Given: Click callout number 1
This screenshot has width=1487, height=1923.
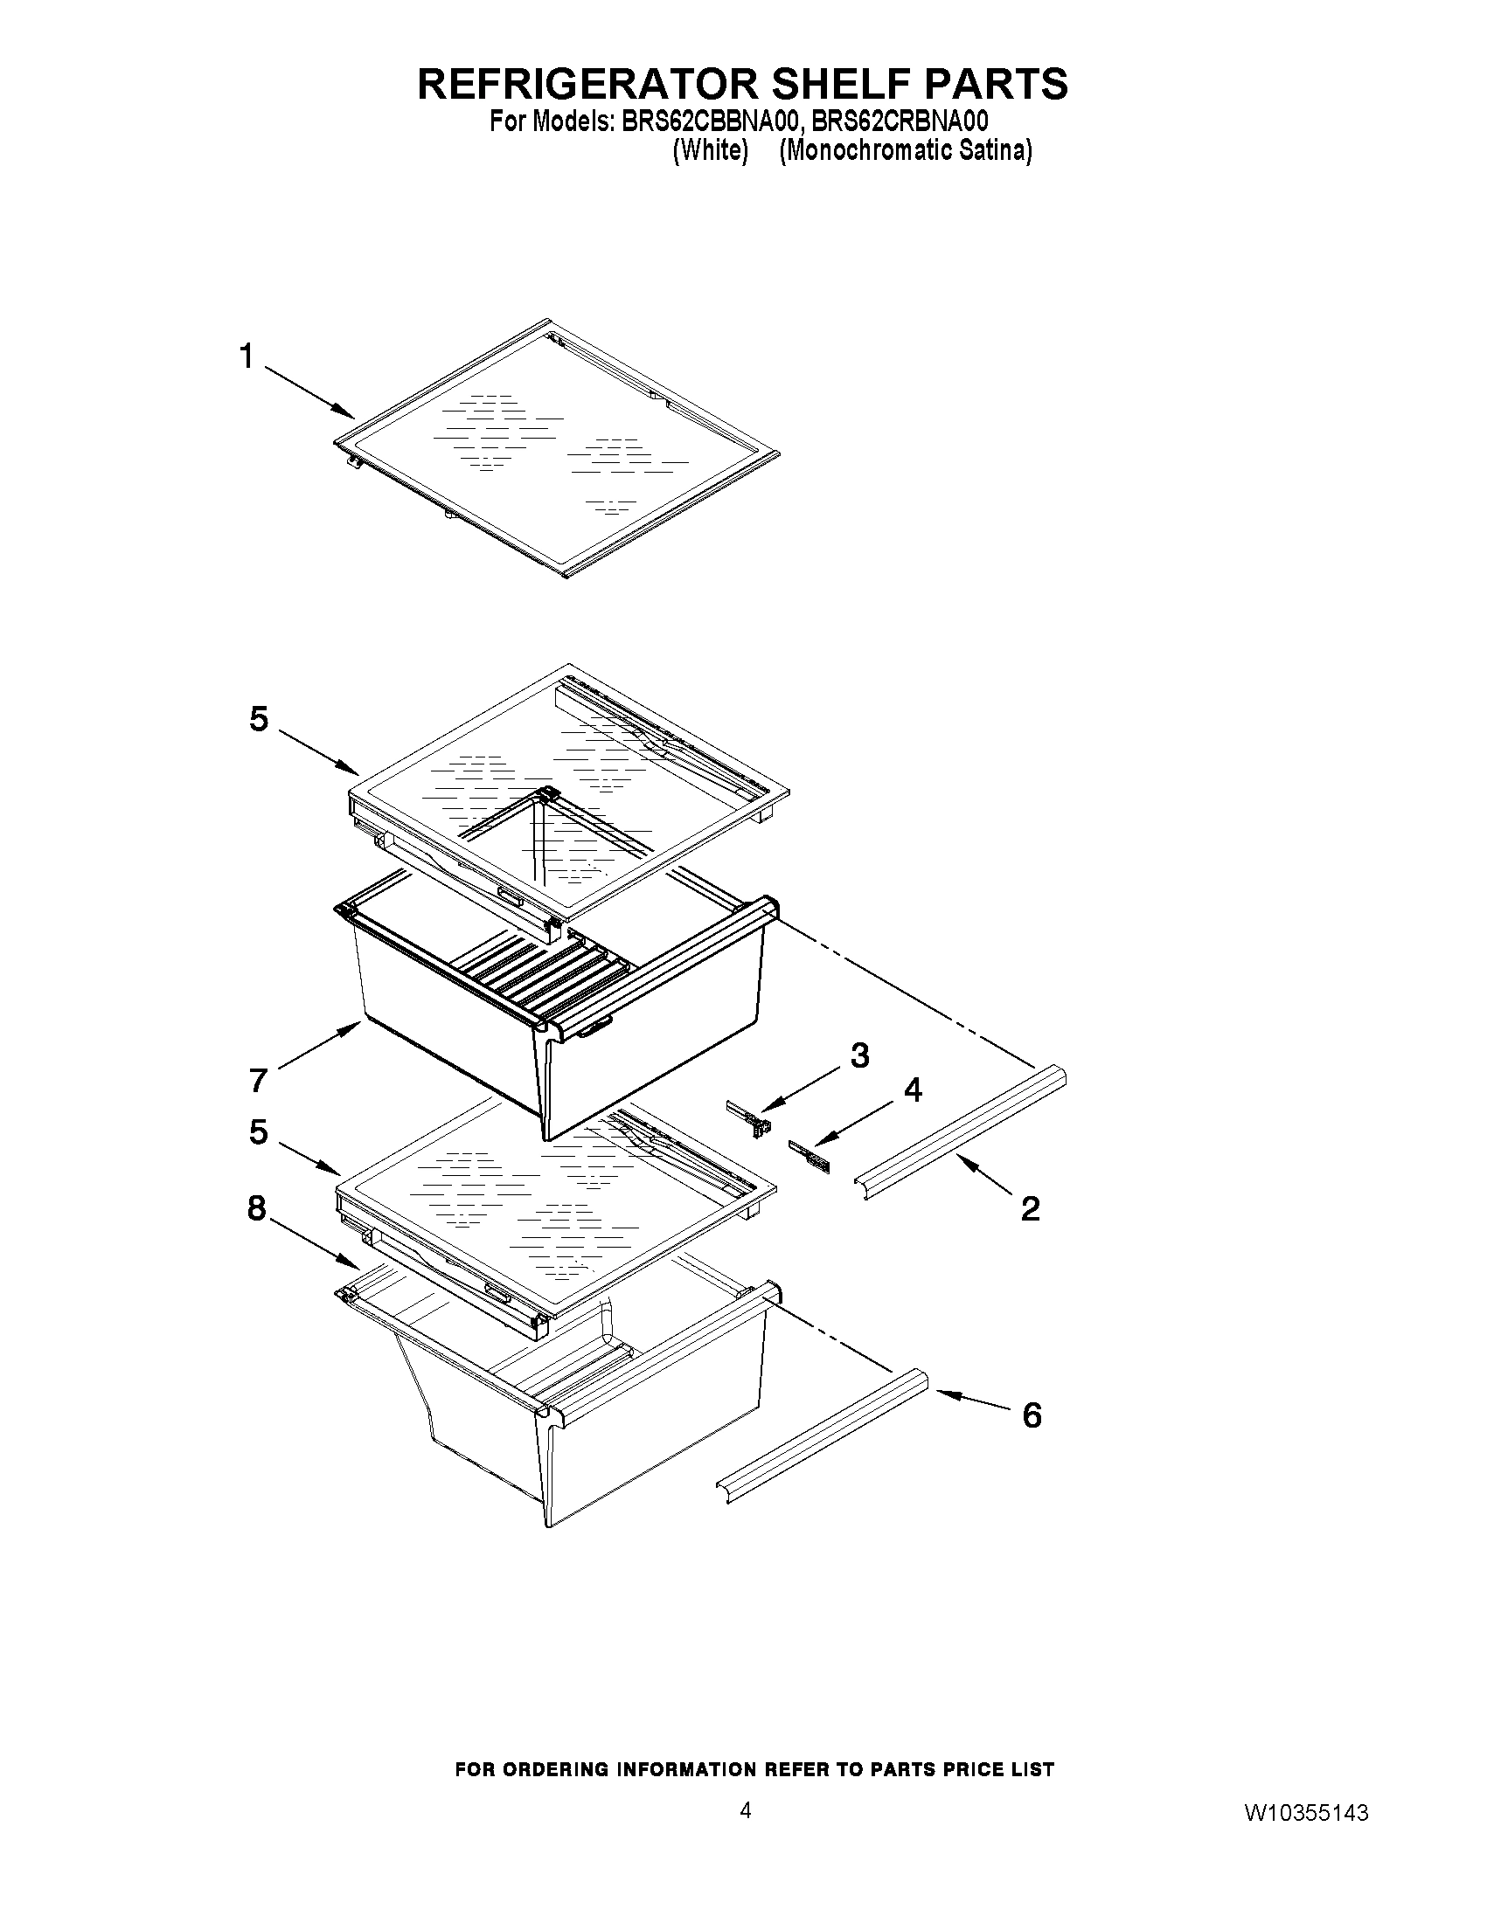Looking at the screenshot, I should [246, 356].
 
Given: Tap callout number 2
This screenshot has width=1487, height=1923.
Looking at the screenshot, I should [1030, 1208].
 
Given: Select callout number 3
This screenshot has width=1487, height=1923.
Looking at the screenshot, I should [859, 1054].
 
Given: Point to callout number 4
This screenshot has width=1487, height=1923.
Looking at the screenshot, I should [913, 1089].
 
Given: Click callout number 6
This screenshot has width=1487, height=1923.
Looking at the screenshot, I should [1032, 1415].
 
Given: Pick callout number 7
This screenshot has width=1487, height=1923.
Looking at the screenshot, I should [258, 1080].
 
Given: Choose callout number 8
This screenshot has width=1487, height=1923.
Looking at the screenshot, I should [256, 1208].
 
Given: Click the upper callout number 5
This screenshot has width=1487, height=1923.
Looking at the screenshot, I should [258, 719].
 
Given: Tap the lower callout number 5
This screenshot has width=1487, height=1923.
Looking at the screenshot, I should [258, 1131].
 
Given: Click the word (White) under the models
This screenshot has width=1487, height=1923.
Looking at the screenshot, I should [710, 150].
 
